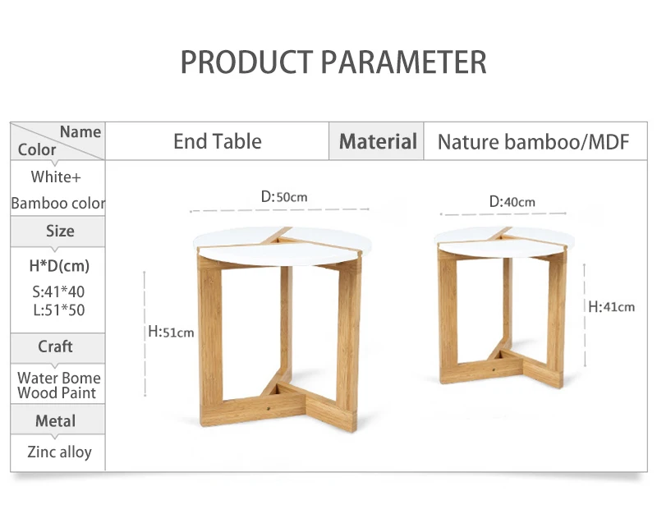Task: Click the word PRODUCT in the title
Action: [x=246, y=62]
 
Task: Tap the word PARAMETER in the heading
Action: [x=403, y=62]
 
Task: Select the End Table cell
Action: [x=218, y=141]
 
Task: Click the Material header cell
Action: [x=378, y=141]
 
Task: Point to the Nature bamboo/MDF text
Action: [x=533, y=142]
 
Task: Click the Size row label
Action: [x=60, y=231]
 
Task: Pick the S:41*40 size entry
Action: [x=58, y=291]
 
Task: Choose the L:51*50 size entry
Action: [x=58, y=310]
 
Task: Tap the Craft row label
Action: [x=55, y=346]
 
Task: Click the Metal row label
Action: [x=55, y=421]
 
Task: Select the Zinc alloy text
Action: [x=59, y=452]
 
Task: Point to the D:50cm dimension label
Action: [x=284, y=196]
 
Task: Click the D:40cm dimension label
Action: [x=512, y=202]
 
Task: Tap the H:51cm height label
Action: [x=171, y=333]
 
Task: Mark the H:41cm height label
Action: [x=611, y=307]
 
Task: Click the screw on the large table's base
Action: [x=269, y=406]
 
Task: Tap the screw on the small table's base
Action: [x=494, y=369]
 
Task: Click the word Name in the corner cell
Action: [x=80, y=132]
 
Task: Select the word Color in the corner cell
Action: [x=37, y=149]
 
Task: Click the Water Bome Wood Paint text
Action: [x=58, y=385]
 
